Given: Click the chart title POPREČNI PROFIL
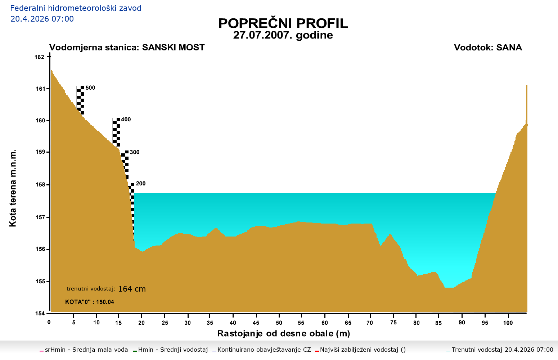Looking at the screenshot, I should click(x=283, y=23).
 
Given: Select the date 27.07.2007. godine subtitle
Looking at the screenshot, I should click(x=283, y=35).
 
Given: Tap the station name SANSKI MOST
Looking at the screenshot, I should click(x=173, y=48).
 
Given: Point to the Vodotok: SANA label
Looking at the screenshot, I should click(x=488, y=48).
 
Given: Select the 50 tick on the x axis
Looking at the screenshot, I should click(x=279, y=323).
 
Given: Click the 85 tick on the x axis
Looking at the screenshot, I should click(x=438, y=323).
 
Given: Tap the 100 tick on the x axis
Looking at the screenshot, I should click(x=508, y=323).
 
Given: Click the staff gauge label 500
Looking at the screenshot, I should click(x=90, y=88).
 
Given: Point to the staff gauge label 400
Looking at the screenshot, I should click(x=126, y=120).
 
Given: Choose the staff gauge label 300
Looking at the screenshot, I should click(x=135, y=152).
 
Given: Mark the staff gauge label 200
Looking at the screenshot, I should click(x=141, y=184).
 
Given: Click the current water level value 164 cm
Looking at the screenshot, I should click(x=132, y=289).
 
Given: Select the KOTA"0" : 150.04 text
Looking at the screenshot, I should click(x=90, y=302).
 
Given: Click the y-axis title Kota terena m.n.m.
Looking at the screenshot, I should click(x=13, y=188).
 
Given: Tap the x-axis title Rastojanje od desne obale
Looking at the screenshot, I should click(x=283, y=334).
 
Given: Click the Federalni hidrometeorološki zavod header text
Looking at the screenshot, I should click(x=76, y=8).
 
